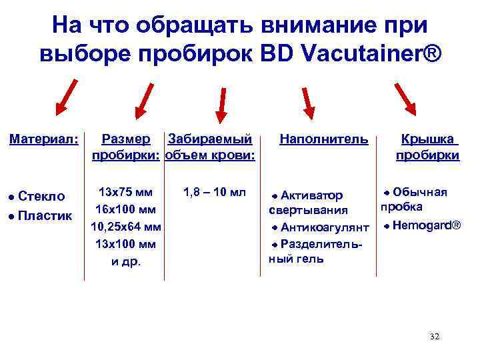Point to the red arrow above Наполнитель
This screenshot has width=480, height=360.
click(306, 101)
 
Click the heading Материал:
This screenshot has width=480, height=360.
click(44, 139)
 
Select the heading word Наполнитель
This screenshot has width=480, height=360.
click(323, 139)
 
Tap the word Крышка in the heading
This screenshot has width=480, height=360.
click(427, 139)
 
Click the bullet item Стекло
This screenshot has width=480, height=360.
click(41, 196)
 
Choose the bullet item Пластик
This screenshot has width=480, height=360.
click(45, 216)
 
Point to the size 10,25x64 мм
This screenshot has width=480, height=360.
click(126, 227)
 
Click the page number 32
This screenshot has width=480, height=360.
click(435, 337)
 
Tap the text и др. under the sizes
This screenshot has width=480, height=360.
click(125, 261)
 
